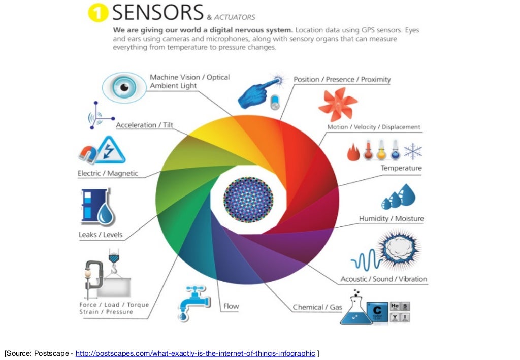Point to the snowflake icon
coord(412,151)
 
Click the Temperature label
coord(401,168)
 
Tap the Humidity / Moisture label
coord(391,219)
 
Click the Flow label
coord(231,306)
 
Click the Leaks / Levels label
coord(101,235)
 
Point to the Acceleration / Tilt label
coord(144,125)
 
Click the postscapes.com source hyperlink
coord(195,353)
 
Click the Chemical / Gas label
coord(317,307)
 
